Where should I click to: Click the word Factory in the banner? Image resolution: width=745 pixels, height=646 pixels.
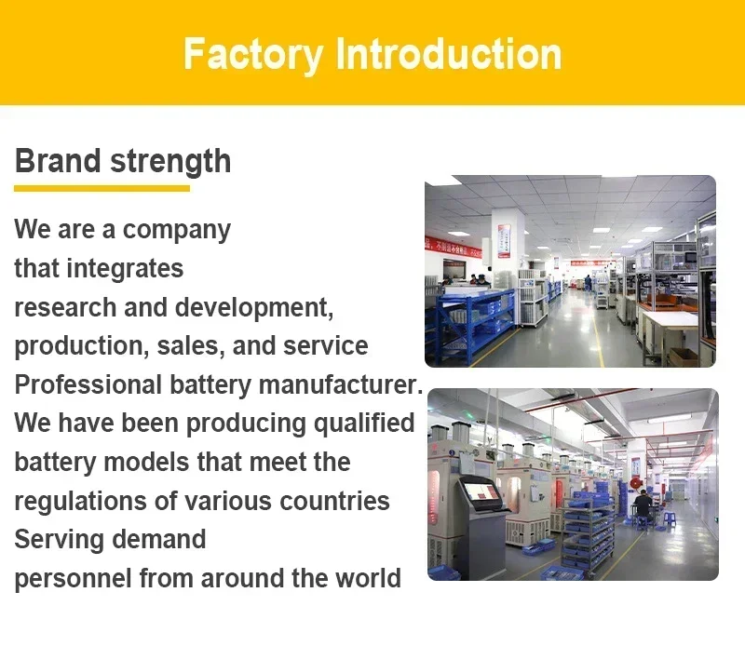[x=252, y=55]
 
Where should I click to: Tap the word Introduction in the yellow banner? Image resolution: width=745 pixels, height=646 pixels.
[x=449, y=54]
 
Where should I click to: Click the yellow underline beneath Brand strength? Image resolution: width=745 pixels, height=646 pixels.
[x=102, y=189]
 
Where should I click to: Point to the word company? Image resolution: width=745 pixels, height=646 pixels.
[x=177, y=230]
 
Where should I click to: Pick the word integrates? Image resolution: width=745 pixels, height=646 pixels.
[x=125, y=269]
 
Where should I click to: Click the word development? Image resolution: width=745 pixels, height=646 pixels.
[x=254, y=307]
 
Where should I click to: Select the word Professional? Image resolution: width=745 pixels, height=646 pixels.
[x=88, y=384]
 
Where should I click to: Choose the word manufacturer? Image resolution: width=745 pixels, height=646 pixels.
[x=341, y=384]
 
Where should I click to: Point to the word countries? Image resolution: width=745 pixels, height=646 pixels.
[x=334, y=501]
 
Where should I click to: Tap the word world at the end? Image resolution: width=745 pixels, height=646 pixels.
[x=368, y=578]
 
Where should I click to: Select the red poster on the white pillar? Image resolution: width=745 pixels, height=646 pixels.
[x=504, y=241]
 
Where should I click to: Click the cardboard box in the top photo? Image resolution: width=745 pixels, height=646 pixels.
[x=683, y=357]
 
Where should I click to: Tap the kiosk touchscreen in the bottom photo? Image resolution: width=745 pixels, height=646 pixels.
[x=481, y=491]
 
